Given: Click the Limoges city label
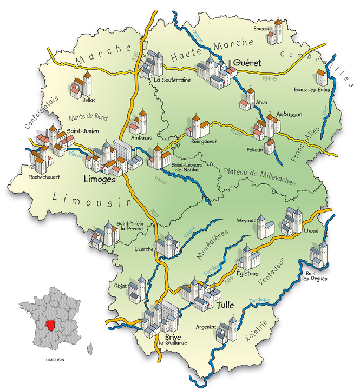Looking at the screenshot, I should (100, 179).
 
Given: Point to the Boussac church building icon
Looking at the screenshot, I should (278, 32).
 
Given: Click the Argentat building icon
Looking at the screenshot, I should (227, 330).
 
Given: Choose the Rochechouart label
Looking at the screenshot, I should (36, 176).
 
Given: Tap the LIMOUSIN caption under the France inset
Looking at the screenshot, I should (52, 360).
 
